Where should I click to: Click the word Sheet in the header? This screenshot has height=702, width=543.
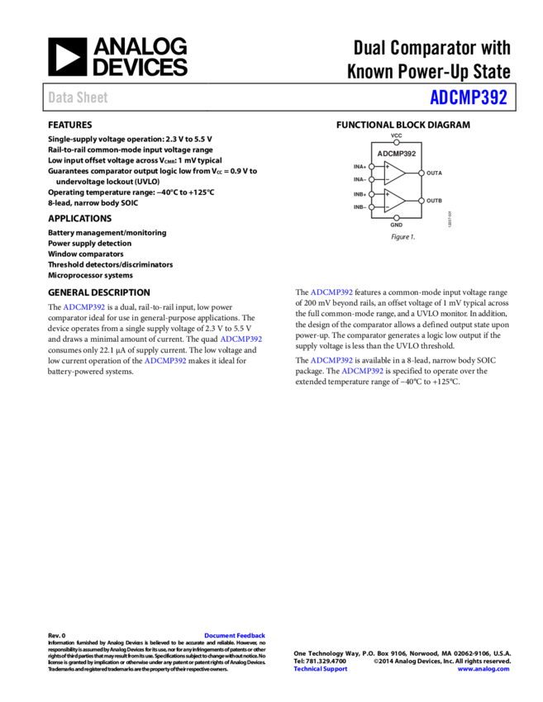click(x=93, y=97)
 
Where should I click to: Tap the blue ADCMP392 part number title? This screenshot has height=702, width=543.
click(x=468, y=97)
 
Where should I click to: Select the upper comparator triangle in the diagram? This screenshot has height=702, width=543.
click(x=393, y=173)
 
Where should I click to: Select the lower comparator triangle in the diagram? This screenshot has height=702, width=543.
click(x=393, y=201)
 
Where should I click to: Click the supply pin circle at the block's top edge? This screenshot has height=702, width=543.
click(x=397, y=142)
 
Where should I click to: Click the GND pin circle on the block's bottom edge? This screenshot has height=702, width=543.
click(x=397, y=218)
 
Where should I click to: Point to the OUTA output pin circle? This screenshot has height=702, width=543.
click(x=422, y=173)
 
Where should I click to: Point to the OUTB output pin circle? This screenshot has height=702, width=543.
click(x=422, y=201)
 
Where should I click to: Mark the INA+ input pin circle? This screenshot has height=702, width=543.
click(x=371, y=167)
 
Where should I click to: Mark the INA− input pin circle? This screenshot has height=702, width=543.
click(x=371, y=179)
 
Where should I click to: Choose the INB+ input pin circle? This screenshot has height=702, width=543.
click(x=371, y=194)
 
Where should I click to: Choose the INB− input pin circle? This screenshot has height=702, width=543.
click(x=371, y=207)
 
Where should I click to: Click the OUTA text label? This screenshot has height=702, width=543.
click(x=435, y=173)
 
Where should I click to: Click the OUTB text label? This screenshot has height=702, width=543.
click(x=435, y=201)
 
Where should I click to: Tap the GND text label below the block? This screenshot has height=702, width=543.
click(x=397, y=225)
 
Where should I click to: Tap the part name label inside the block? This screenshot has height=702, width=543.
click(x=397, y=154)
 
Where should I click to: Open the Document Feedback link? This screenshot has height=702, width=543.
click(x=235, y=636)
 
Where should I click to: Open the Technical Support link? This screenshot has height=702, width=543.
click(x=321, y=669)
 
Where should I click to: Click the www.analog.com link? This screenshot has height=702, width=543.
click(x=483, y=669)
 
